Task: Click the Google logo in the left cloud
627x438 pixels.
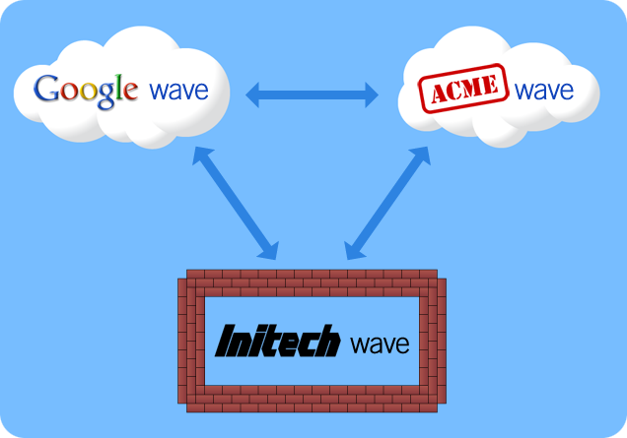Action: [86, 91]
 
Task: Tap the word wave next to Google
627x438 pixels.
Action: [178, 91]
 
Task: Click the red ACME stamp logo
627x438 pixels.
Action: [463, 89]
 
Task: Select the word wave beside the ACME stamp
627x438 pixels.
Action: [544, 91]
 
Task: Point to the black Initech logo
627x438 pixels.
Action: [277, 341]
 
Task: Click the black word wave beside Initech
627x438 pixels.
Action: [380, 344]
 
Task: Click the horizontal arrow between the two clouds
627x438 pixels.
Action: [312, 95]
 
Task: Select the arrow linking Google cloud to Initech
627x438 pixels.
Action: [235, 203]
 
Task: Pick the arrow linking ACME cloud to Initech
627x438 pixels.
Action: [387, 203]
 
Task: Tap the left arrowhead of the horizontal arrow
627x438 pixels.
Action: [252, 95]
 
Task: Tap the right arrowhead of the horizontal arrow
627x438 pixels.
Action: [372, 95]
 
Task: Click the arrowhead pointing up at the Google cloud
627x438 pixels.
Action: [201, 155]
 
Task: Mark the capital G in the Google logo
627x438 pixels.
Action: [46, 88]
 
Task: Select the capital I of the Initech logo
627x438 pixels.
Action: [226, 341]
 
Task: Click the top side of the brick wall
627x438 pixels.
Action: [312, 282]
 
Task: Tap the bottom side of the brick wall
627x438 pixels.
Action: [312, 399]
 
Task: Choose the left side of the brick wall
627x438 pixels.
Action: [191, 341]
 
